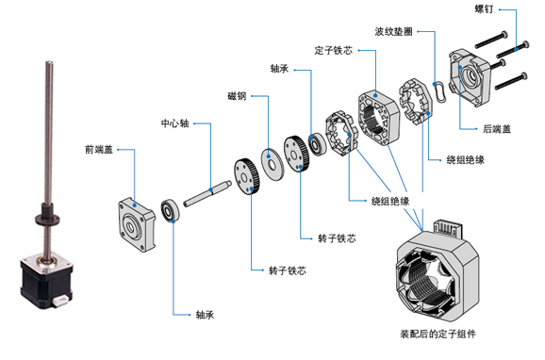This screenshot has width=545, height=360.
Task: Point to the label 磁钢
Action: click(x=237, y=96)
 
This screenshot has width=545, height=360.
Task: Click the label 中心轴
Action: click(x=176, y=123)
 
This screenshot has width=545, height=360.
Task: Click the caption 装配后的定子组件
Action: click(x=437, y=334)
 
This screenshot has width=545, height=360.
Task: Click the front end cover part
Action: click(x=136, y=216)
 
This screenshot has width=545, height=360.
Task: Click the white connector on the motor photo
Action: click(x=59, y=301)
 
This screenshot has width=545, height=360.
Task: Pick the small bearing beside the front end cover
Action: click(x=172, y=210)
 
